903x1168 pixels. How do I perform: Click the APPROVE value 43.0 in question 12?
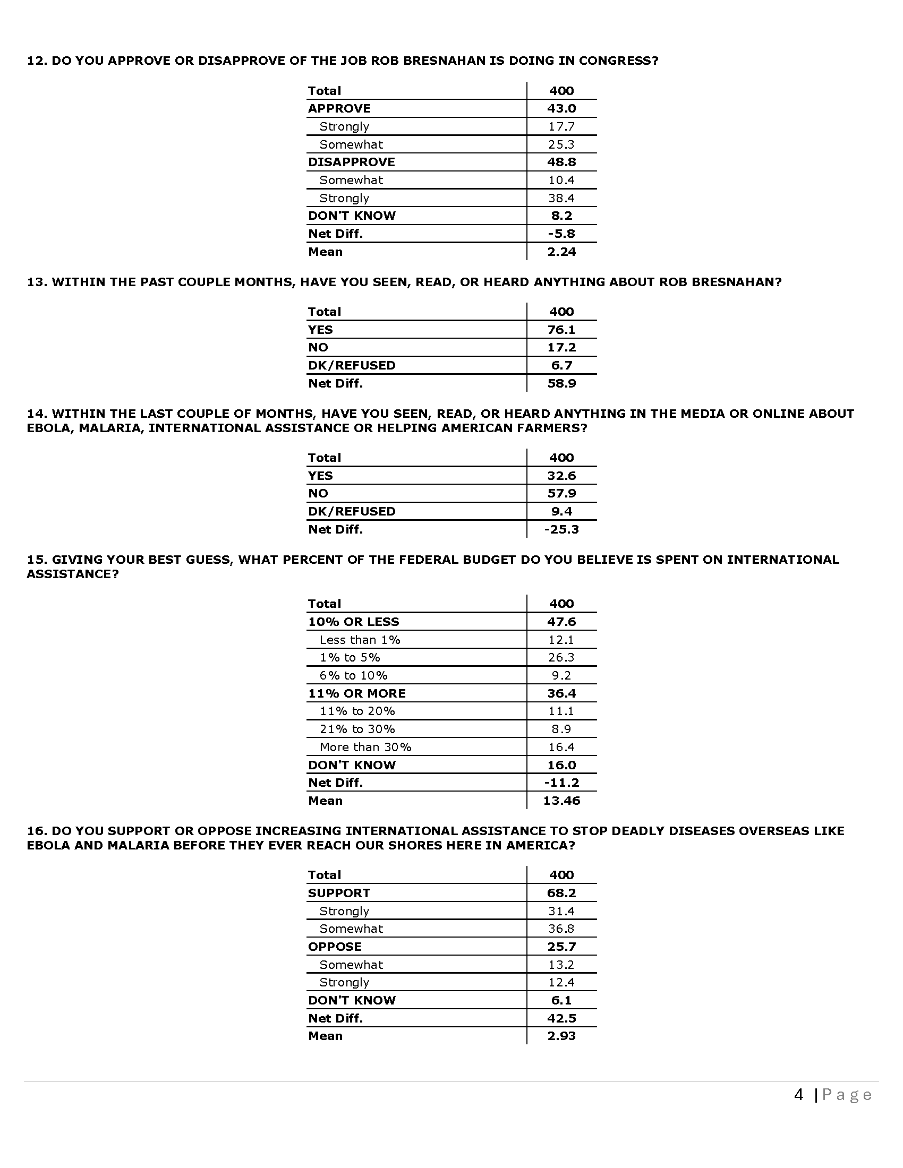tap(561, 108)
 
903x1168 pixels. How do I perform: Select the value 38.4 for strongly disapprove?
tap(561, 198)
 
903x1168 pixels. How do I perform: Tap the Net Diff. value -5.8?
tap(561, 234)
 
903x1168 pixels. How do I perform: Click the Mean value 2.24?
tap(561, 252)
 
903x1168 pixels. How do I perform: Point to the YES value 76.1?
tap(561, 330)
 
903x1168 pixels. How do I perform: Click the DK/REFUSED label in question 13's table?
tap(352, 365)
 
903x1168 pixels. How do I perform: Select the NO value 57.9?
tap(561, 493)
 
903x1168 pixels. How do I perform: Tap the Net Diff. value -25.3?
tap(561, 529)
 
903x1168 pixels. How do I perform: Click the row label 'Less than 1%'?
tap(360, 640)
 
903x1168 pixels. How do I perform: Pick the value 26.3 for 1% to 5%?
tap(561, 657)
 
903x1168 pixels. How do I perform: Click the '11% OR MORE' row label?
tap(356, 693)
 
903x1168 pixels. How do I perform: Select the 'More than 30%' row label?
tap(365, 747)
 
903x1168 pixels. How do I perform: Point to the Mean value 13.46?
tap(561, 801)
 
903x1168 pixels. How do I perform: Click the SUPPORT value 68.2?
tap(561, 892)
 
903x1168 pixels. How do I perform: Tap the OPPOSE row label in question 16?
tap(334, 947)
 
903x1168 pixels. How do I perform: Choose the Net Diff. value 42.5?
tap(561, 1018)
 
